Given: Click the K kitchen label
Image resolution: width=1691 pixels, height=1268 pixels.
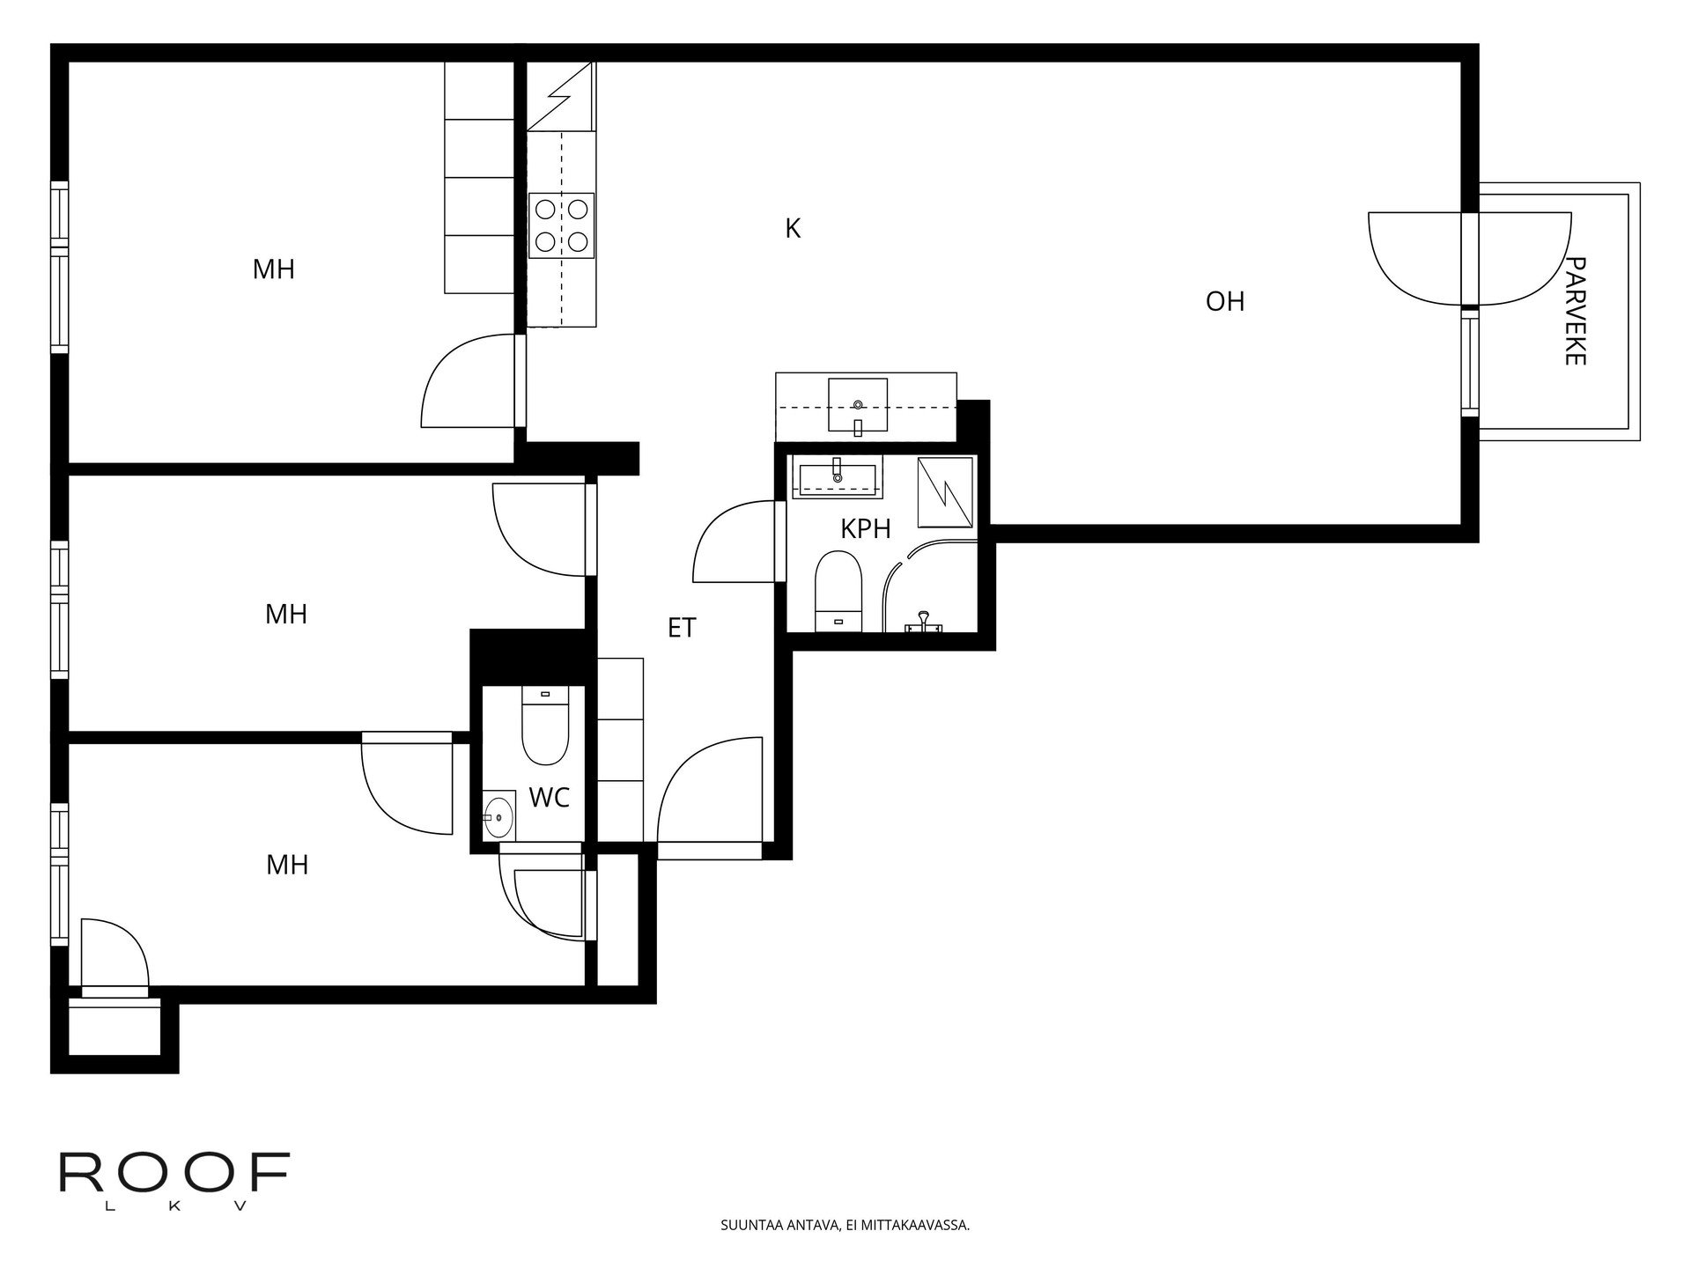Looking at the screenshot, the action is point(793,229).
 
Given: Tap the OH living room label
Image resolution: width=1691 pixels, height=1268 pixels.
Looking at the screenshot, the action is point(1225,301).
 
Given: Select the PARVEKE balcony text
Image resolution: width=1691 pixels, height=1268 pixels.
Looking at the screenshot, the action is point(1576,311).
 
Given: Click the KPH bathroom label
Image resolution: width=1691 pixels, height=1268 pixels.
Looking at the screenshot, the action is point(866,528).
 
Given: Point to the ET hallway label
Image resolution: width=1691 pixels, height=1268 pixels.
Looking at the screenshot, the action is point(682,628).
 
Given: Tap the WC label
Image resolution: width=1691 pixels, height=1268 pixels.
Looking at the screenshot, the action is point(550,798).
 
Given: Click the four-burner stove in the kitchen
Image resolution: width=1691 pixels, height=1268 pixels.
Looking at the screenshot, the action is point(561,225).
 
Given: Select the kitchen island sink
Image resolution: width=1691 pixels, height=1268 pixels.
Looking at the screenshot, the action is point(858,406).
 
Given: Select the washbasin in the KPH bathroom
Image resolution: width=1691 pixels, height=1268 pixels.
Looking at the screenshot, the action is point(838,477).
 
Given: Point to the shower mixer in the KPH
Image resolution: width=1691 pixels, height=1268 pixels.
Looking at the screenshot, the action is point(924,622).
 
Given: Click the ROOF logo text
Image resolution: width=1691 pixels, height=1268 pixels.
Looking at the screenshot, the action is point(174,1173).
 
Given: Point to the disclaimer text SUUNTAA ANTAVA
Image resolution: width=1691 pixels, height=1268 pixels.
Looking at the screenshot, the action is point(845,1225).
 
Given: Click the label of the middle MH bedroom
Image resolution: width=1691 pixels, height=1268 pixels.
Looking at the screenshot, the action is point(286,614).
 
